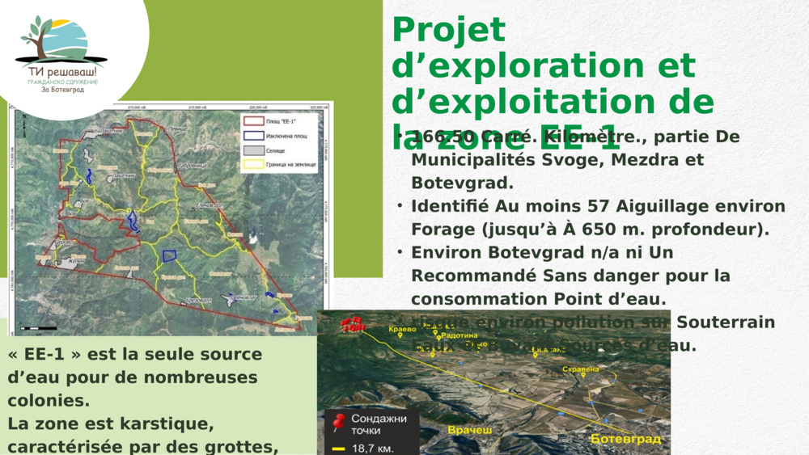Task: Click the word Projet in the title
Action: (x=448, y=31)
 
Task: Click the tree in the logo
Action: (x=37, y=36)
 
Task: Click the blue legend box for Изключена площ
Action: (x=252, y=136)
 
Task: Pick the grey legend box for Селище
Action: (x=252, y=150)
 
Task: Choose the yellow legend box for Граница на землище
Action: (x=252, y=164)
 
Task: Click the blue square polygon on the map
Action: (x=170, y=255)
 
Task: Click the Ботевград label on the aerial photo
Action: (x=625, y=439)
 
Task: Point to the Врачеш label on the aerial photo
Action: (x=470, y=431)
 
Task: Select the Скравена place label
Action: (x=580, y=369)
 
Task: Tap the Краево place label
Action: (x=402, y=330)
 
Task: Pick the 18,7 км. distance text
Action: (x=372, y=448)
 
